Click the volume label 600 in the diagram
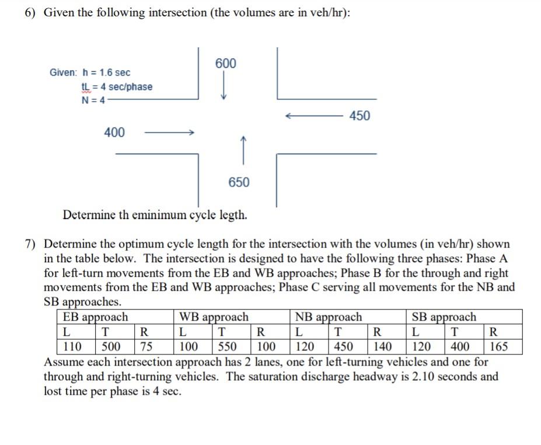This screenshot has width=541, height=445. [226, 63]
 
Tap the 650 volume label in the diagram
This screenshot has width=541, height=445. [239, 182]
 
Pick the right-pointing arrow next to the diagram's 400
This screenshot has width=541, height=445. [169, 133]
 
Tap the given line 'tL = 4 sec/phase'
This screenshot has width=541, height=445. [117, 86]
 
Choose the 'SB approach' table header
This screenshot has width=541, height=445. [444, 317]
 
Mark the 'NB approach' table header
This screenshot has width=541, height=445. [328, 317]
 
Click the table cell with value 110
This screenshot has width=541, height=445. [72, 346]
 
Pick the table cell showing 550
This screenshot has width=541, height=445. [227, 346]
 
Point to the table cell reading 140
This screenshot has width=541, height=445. [382, 346]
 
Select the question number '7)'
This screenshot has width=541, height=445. [30, 244]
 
